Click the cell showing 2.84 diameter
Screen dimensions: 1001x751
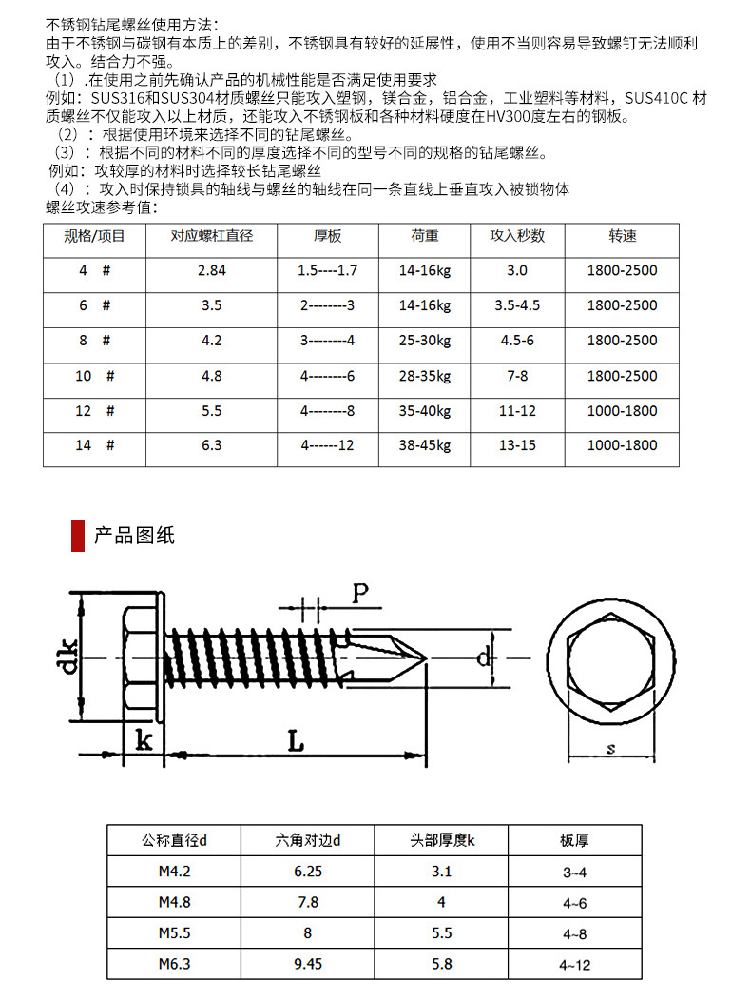211,271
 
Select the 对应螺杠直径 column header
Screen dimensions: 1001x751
211,236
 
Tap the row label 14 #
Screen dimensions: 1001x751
95,445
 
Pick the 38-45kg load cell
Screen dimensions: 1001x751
424,445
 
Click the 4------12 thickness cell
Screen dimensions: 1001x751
327,445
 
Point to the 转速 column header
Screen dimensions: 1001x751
622,236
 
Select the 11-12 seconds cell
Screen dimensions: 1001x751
516,410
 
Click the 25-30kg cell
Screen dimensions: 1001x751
424,341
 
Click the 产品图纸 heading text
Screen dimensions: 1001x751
134,535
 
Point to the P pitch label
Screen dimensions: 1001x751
359,595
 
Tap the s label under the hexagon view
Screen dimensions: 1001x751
609,749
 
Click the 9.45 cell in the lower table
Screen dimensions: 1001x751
308,964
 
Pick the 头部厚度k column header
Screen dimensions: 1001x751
442,841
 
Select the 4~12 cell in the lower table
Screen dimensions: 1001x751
574,964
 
